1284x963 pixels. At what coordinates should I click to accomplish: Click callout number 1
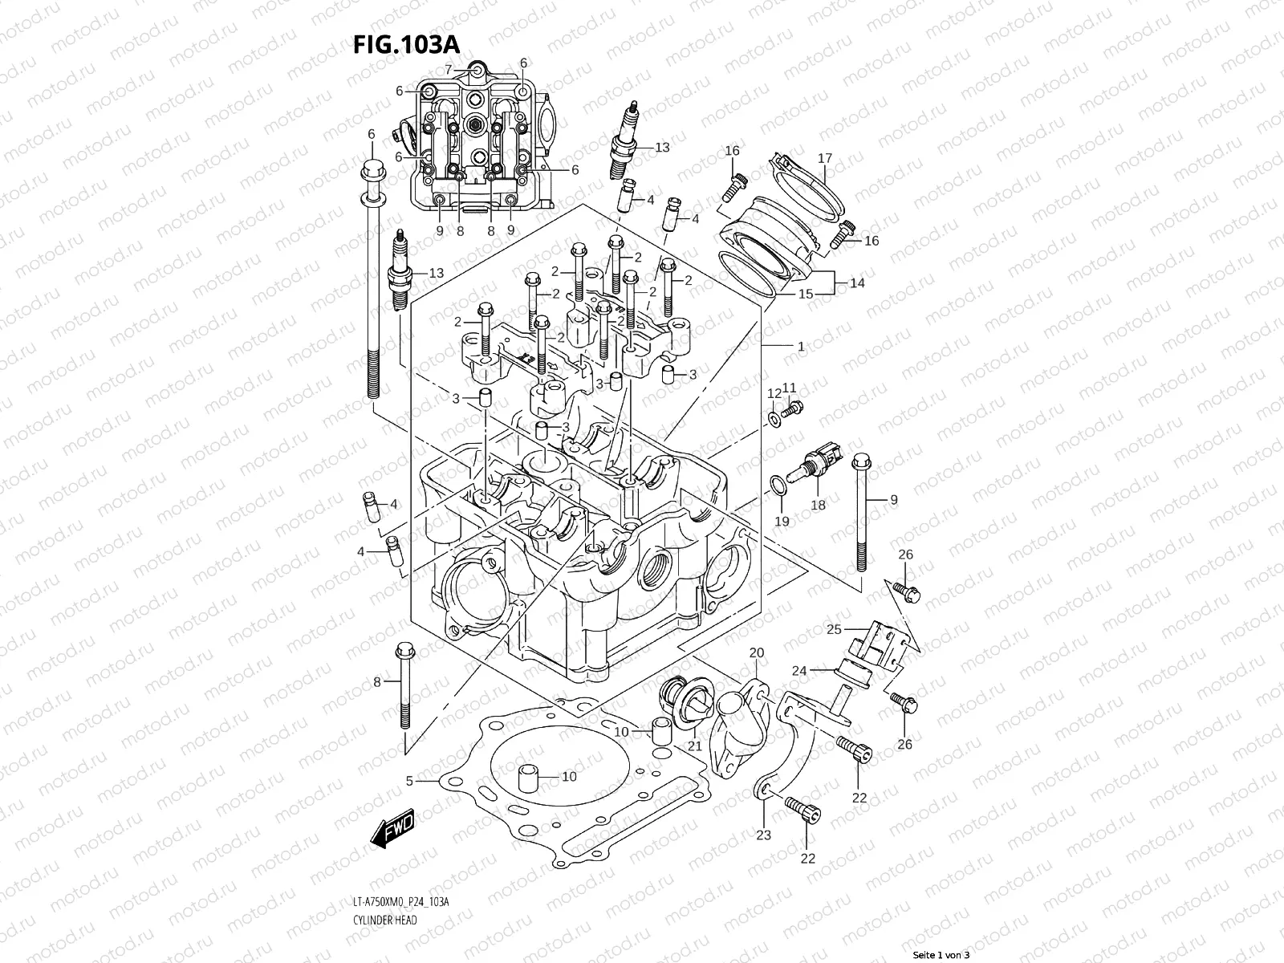[801, 347]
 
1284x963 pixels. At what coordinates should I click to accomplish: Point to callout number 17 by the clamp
[825, 158]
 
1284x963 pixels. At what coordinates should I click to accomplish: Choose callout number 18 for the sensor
[818, 505]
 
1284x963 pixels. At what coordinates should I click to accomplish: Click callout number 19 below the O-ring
[782, 521]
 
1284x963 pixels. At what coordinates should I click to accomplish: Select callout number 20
[755, 652]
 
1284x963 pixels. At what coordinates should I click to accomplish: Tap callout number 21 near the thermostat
[695, 746]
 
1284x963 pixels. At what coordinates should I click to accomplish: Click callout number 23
[763, 835]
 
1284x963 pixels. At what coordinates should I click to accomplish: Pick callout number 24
[799, 669]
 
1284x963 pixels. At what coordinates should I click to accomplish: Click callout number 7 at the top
[449, 69]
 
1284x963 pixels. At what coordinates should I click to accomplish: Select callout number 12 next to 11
[774, 393]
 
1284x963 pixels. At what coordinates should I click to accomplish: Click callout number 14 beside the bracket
[857, 282]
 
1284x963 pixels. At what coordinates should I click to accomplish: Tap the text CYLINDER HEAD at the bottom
[384, 920]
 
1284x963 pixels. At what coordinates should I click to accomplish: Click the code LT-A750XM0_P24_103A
[400, 903]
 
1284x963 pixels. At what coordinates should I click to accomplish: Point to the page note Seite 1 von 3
[941, 955]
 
